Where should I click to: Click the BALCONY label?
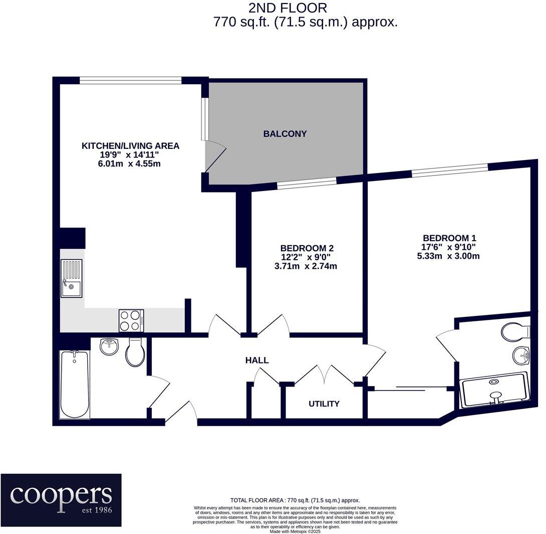pos(285,134)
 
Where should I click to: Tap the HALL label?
pos(257,360)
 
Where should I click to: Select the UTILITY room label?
pos(324,404)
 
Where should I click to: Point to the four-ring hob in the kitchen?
pos(131,320)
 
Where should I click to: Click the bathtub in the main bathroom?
pos(74,385)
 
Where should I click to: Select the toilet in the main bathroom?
pos(135,352)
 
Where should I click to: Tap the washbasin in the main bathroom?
pos(109,346)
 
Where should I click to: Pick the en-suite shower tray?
pos(495,390)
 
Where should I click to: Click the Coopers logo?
pos(61,499)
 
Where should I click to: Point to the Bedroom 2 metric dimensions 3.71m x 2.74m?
pos(306,266)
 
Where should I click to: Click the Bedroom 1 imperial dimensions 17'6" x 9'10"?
pos(448,247)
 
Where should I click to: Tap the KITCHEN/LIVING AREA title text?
pos(130,146)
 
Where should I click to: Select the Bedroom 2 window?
pos(307,184)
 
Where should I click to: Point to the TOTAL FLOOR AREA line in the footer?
pos(295,500)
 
